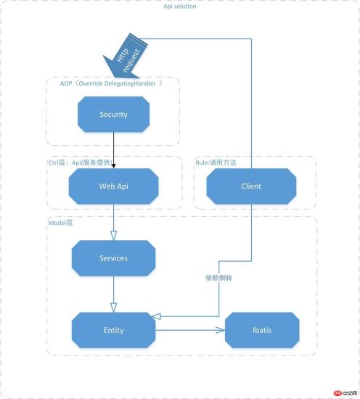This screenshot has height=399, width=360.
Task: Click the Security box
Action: (113, 114)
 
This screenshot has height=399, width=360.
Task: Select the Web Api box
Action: (113, 186)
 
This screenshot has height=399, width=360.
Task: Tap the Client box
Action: (251, 186)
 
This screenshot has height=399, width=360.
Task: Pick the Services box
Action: (113, 258)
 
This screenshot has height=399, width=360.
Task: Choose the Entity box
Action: (113, 330)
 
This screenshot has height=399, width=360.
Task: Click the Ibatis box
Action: (261, 330)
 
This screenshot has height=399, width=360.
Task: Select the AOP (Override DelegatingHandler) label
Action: (109, 83)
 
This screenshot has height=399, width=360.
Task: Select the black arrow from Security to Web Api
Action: (113, 149)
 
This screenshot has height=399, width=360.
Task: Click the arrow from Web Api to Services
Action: (113, 221)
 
